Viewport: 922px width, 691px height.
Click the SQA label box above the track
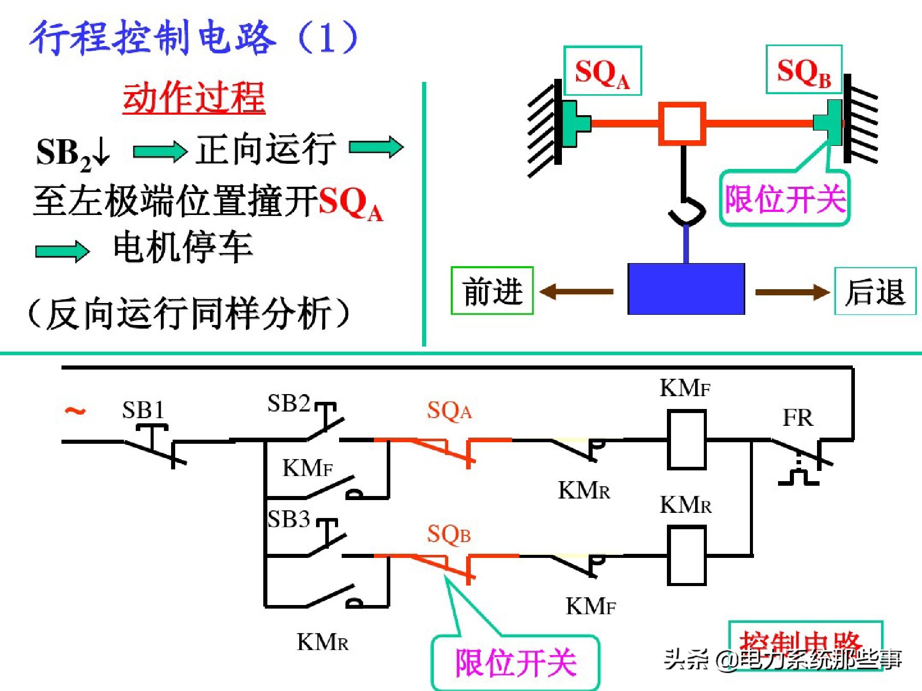tap(602, 71)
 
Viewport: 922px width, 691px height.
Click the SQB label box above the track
tap(804, 70)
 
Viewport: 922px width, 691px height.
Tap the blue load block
tap(686, 289)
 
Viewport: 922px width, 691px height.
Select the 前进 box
tap(492, 291)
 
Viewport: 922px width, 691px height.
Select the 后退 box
tap(875, 291)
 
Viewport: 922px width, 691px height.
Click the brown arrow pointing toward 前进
tap(577, 292)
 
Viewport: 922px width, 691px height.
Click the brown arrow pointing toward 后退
tap(792, 292)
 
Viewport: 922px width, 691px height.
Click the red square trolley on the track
tap(682, 123)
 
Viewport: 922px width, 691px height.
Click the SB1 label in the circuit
tap(143, 409)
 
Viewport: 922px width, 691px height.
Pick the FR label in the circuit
tap(798, 418)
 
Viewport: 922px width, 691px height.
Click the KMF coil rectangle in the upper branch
tap(686, 440)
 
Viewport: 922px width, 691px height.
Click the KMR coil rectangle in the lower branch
tap(686, 556)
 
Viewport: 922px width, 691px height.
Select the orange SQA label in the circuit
tap(449, 411)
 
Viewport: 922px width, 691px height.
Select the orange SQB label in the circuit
tap(449, 534)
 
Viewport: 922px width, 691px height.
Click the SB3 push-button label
tap(289, 519)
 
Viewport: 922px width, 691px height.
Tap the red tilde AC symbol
tap(75, 411)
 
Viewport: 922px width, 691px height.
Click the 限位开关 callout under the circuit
tap(515, 663)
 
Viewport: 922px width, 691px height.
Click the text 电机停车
tap(183, 247)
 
